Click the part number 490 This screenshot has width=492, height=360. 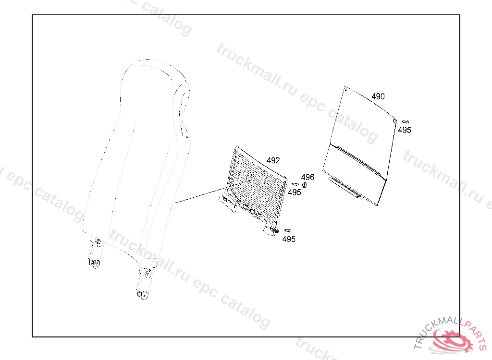pos(378,96)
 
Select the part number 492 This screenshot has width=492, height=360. pos(273,161)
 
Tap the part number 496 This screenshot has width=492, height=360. pos(307,178)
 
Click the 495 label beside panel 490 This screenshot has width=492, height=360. pos(405,130)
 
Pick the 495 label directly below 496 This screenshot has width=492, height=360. pos(295,192)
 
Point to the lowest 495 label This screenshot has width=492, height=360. pos(289,240)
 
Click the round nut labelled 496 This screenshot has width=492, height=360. pos(304,185)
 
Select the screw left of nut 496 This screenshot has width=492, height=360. pos(295,184)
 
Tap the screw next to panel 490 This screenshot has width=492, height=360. pos(405,122)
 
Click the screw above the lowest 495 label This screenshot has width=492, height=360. pos(288,231)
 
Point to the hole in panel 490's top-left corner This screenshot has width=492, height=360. pos(346,89)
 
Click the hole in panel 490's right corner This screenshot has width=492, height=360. pos(394,120)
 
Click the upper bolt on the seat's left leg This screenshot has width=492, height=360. pos(98,241)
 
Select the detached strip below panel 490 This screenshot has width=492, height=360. pos(344,187)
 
